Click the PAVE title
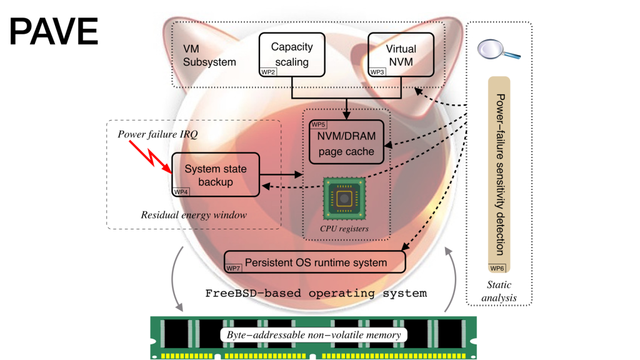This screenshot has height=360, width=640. point(54,32)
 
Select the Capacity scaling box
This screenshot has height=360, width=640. point(292,54)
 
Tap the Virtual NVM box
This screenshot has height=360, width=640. point(401,54)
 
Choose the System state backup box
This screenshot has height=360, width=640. point(216,175)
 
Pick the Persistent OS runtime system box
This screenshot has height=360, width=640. point(315,262)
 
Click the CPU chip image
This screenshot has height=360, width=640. point(343,199)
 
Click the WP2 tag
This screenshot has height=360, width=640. point(267,72)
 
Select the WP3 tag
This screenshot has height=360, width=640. point(377,72)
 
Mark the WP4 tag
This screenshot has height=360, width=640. point(181,192)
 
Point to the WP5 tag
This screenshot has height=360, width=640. point(318,124)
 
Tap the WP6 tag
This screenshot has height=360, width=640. point(497,269)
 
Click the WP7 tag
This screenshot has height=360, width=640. point(232,268)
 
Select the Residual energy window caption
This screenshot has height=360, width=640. point(193,215)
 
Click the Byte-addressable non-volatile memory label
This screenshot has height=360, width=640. point(313,335)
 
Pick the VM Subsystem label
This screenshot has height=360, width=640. point(209,55)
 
